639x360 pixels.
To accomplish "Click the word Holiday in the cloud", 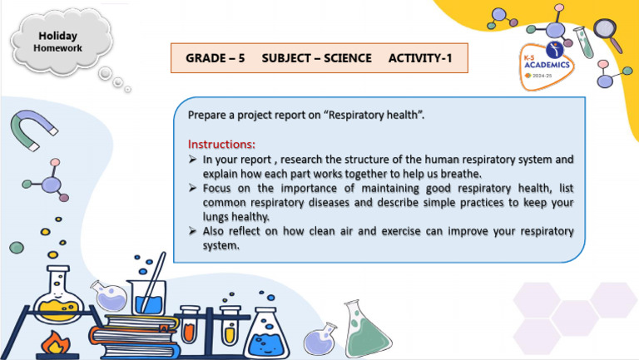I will click(57, 36).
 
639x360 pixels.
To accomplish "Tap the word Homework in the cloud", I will click(57, 48).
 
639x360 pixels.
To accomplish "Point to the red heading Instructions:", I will click(221, 144).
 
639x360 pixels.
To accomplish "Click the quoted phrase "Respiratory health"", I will click(378, 114).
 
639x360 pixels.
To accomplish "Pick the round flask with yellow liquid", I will click(54, 300).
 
